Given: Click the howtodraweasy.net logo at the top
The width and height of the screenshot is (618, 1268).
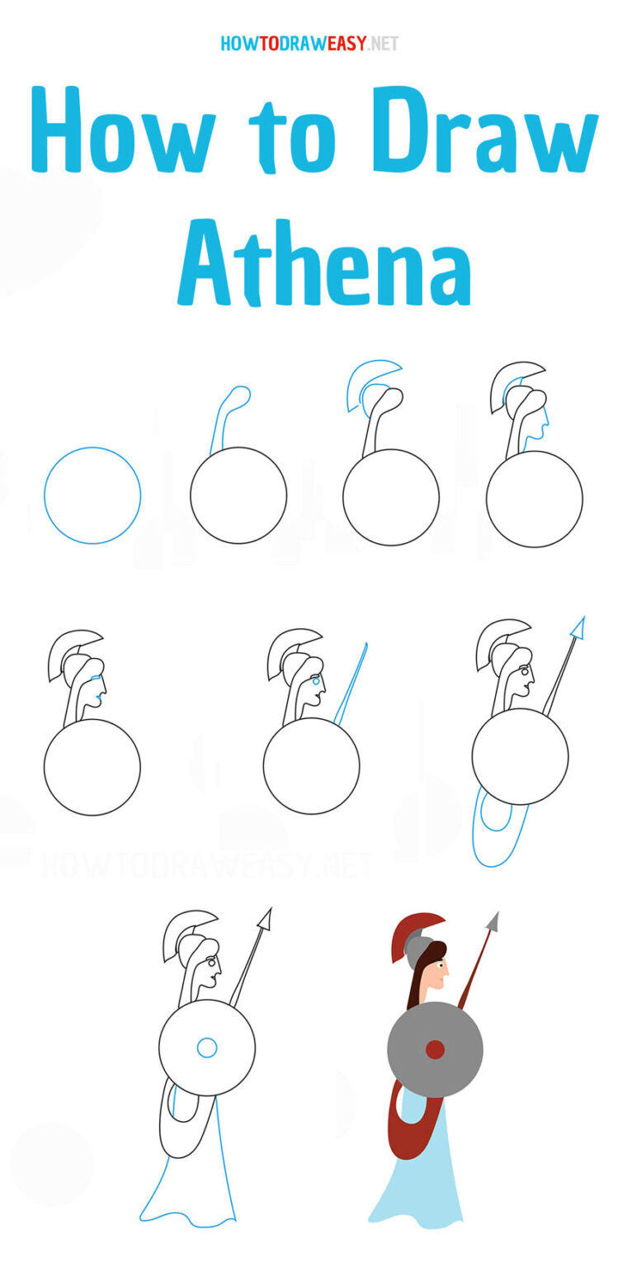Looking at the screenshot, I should click(309, 43).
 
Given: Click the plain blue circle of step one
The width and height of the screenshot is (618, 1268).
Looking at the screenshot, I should click(92, 495).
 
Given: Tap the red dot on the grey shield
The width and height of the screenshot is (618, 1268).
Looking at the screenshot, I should click(435, 1049).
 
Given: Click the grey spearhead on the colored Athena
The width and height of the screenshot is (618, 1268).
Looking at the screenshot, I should click(493, 921).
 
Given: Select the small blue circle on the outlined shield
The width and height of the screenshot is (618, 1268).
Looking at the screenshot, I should click(207, 1048).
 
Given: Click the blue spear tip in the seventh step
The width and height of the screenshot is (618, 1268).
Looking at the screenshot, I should click(578, 629).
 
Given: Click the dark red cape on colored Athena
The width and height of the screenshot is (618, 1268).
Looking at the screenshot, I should click(404, 1123).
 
